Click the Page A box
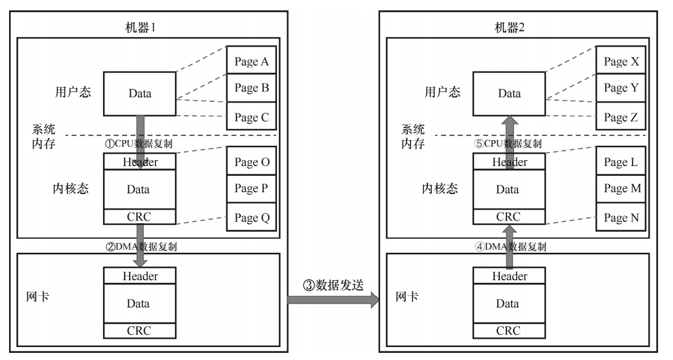pos(252,62)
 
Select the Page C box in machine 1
pos(252,117)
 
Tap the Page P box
pos(252,189)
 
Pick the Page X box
pos(621,62)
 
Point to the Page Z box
pos(621,117)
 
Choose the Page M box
pos(621,189)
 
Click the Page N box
pos(621,218)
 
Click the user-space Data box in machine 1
pos(139,93)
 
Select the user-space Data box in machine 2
pos(509,93)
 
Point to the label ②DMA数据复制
pos(142,246)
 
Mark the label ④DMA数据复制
pos(511,246)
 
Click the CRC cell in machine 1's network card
pos(139,331)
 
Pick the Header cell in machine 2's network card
pos(509,276)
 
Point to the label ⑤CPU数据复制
pos(508,143)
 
